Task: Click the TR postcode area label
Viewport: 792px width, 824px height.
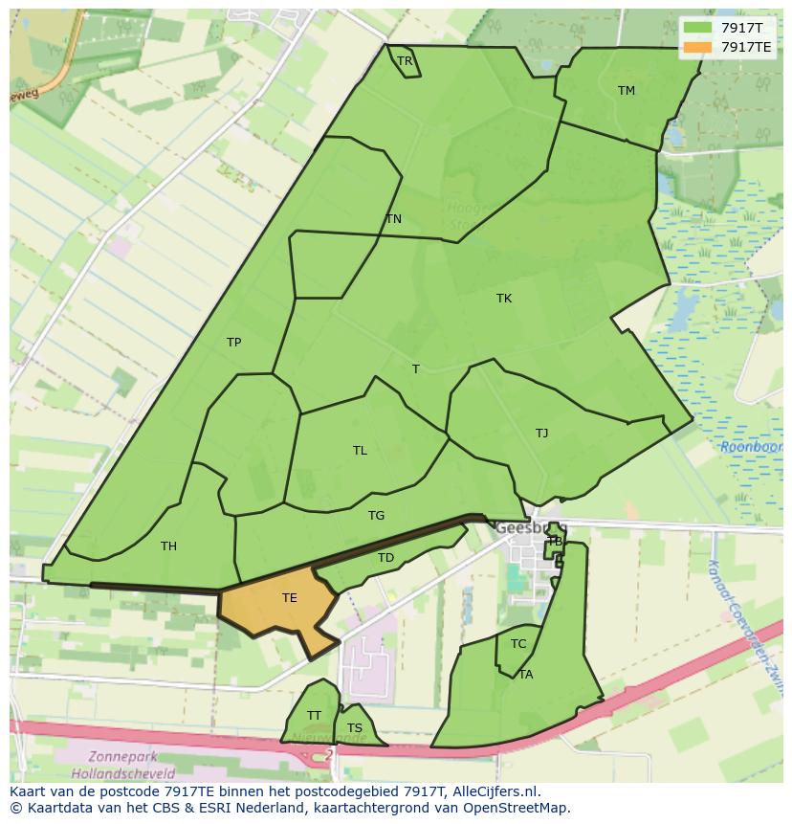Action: pyautogui.click(x=405, y=61)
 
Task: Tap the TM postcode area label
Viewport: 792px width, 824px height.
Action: pyautogui.click(x=627, y=91)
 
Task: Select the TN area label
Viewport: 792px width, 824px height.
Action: pyautogui.click(x=393, y=219)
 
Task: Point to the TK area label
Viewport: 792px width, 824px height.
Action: pyautogui.click(x=504, y=299)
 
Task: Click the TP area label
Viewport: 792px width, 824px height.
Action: pyautogui.click(x=233, y=343)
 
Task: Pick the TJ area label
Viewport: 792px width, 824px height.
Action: pyautogui.click(x=542, y=434)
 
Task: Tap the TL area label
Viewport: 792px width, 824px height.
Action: pyautogui.click(x=360, y=451)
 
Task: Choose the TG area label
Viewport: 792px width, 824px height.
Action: pyautogui.click(x=376, y=516)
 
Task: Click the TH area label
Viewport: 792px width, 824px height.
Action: pyautogui.click(x=168, y=546)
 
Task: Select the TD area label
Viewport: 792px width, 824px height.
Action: pyautogui.click(x=385, y=558)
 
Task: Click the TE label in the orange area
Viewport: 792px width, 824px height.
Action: pyautogui.click(x=290, y=598)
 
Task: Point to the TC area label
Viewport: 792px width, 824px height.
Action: pyautogui.click(x=518, y=644)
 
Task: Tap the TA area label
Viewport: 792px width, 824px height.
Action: pyautogui.click(x=526, y=675)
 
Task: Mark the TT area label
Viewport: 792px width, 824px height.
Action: pyautogui.click(x=314, y=716)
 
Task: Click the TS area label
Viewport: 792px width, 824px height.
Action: pyautogui.click(x=355, y=728)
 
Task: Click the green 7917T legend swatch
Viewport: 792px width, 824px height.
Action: pyautogui.click(x=699, y=28)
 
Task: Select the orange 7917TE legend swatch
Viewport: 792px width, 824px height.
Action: pyautogui.click(x=699, y=47)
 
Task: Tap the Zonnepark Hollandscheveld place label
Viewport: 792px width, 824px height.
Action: pyautogui.click(x=122, y=765)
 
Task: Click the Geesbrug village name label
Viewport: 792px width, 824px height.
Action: pyautogui.click(x=521, y=527)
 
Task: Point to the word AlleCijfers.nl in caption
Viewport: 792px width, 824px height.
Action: pyautogui.click(x=496, y=791)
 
